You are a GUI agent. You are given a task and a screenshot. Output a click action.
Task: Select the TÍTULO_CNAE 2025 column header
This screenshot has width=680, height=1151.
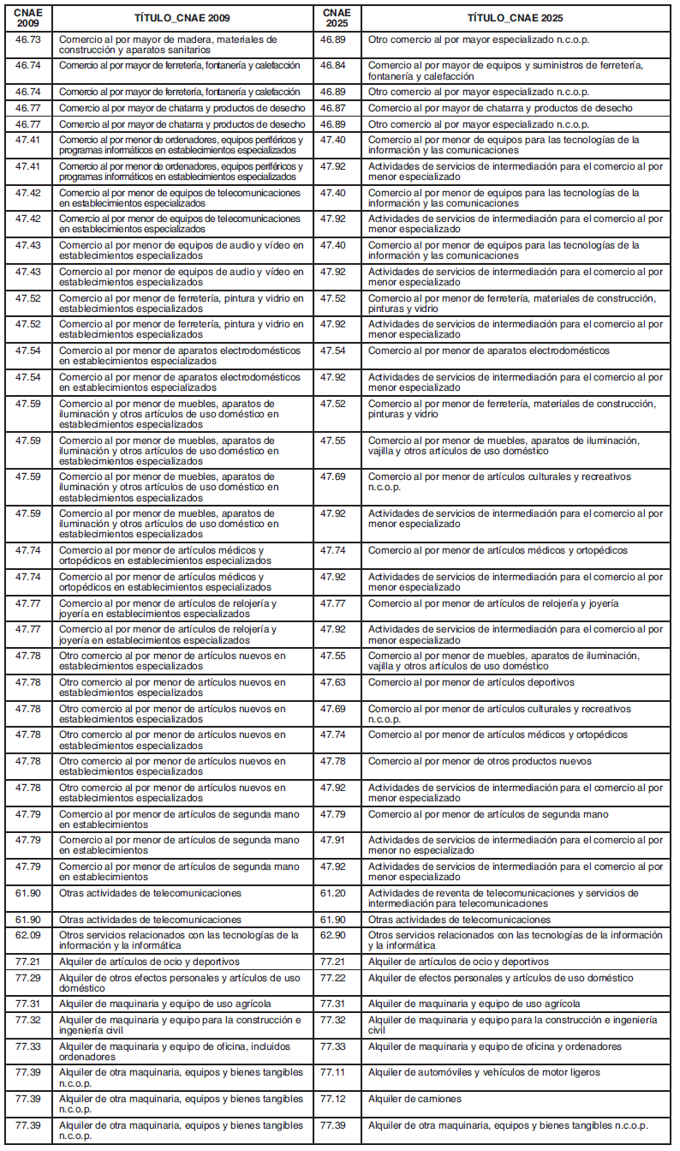515,17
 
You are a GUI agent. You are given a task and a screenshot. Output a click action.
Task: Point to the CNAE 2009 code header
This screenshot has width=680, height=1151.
28,17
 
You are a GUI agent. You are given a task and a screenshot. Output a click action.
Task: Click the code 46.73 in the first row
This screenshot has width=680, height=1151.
28,39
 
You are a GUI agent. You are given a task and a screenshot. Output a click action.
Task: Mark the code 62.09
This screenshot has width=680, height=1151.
28,935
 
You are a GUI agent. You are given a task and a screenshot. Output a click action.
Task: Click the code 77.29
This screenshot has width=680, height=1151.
28,978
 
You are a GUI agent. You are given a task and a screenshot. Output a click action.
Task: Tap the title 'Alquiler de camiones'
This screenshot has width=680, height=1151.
415,1099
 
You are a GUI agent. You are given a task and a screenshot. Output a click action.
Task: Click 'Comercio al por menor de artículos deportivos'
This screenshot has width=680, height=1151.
471,682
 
